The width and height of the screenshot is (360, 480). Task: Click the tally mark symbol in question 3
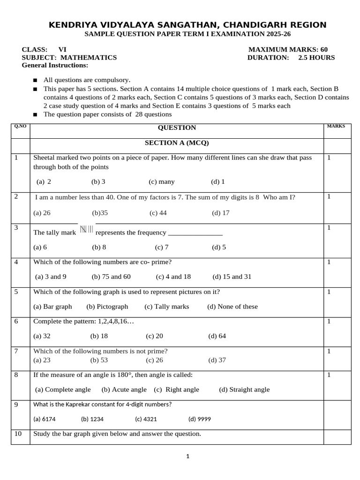pyautogui.click(x=87, y=230)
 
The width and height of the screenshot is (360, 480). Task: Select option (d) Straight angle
pyautogui.click(x=244, y=390)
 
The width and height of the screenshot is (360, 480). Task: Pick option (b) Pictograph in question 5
pyautogui.click(x=107, y=307)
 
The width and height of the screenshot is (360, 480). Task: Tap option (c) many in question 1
pyautogui.click(x=161, y=181)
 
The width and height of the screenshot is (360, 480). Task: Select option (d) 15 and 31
pyautogui.click(x=232, y=277)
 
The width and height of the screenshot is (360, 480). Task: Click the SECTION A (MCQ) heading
pyautogui.click(x=177, y=143)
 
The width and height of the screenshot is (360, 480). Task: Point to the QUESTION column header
pyautogui.click(x=177, y=127)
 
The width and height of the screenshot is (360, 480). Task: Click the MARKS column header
pyautogui.click(x=336, y=126)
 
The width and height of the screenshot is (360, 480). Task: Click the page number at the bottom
pyautogui.click(x=187, y=456)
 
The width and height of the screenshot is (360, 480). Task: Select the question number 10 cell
pyautogui.click(x=18, y=434)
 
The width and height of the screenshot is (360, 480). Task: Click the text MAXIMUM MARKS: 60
pyautogui.click(x=288, y=50)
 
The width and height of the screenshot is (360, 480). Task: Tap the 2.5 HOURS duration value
pyautogui.click(x=316, y=58)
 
